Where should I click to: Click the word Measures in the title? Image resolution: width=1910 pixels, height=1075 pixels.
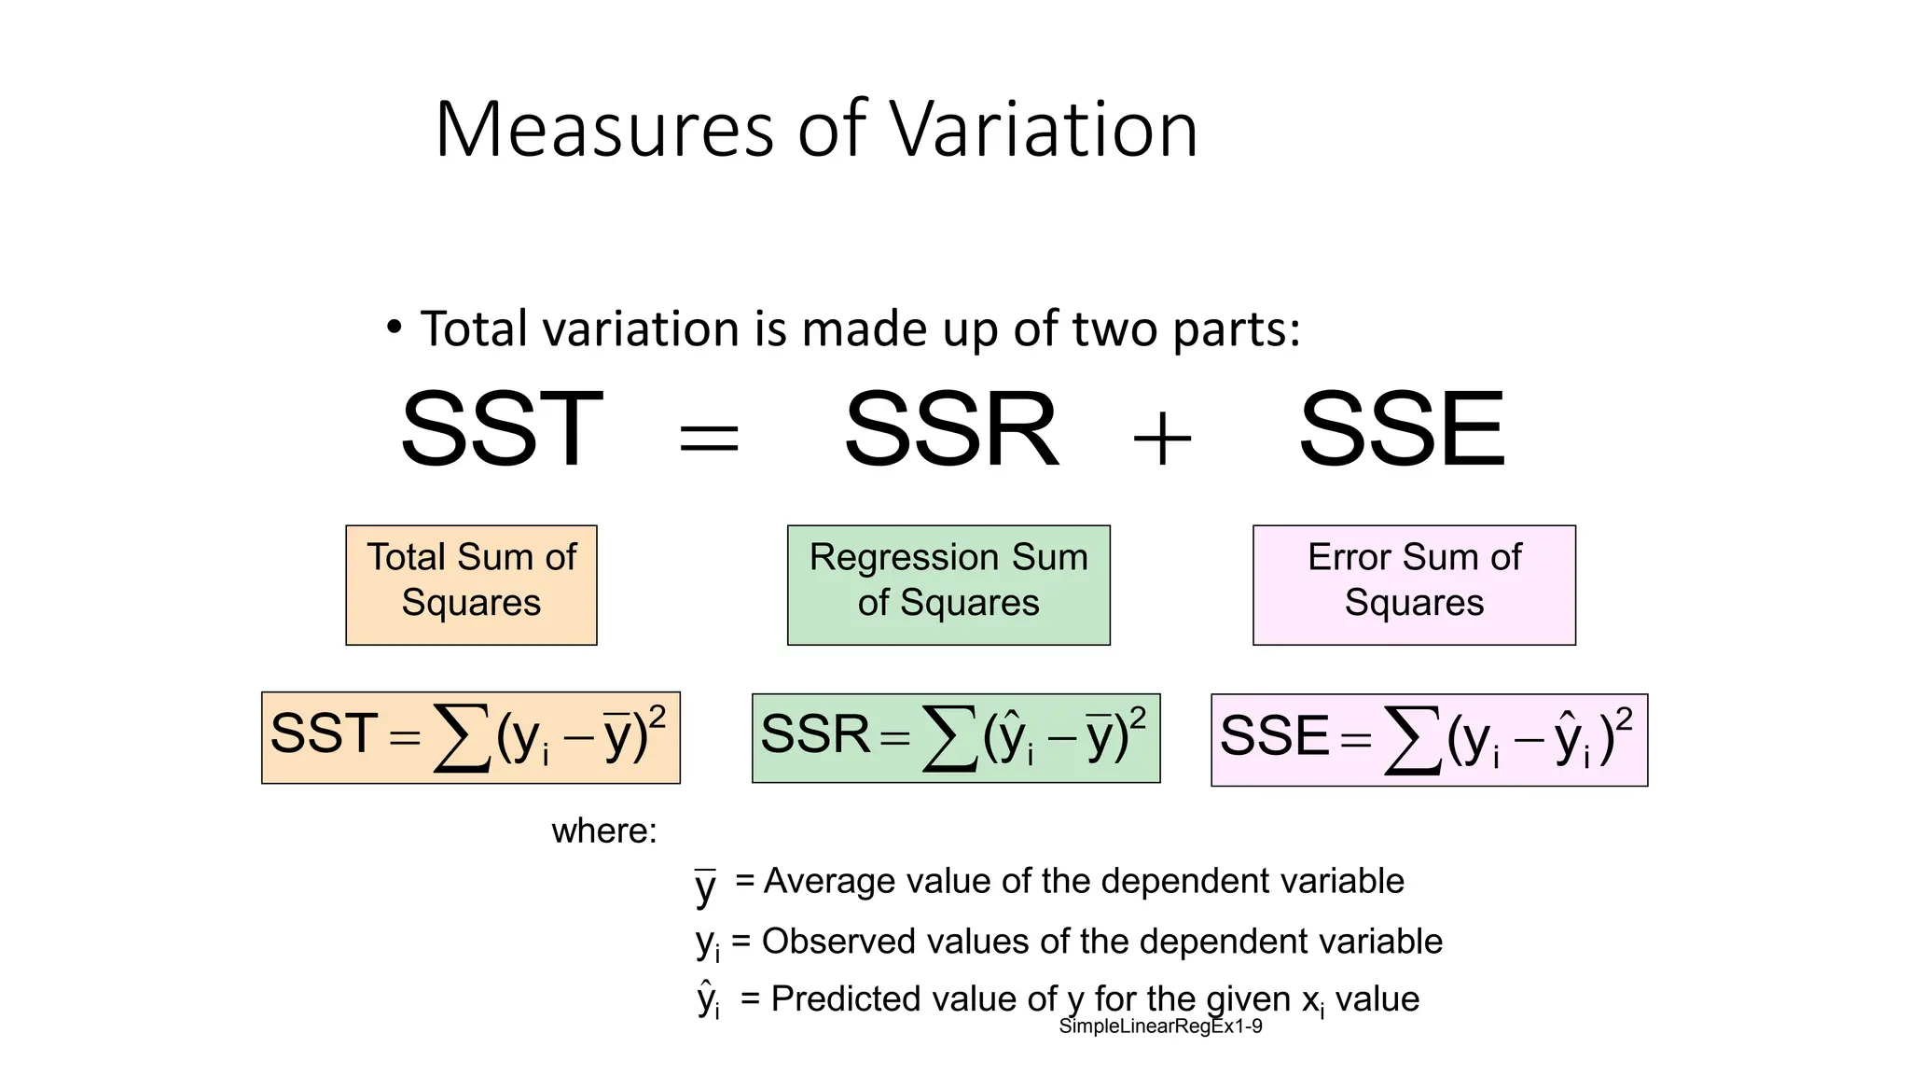click(604, 130)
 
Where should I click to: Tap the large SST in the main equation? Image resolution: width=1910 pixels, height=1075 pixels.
click(501, 429)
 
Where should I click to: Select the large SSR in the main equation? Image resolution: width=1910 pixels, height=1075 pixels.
click(950, 429)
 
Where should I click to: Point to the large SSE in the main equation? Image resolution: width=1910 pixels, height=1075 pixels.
click(1402, 429)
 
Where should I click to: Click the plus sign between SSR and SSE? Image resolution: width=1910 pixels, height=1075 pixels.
click(1162, 438)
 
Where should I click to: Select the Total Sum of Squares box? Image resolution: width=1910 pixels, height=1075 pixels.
click(471, 585)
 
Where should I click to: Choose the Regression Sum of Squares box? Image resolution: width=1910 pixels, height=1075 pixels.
click(948, 585)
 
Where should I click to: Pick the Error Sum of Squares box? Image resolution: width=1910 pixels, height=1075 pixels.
click(1414, 585)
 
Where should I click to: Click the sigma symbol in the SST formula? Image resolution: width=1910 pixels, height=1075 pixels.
click(462, 738)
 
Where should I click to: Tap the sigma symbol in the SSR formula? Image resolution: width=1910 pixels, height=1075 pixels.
click(949, 738)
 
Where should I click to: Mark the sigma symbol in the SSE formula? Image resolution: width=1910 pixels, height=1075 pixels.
click(1414, 740)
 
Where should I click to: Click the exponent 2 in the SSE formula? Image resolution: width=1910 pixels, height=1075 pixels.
click(1624, 719)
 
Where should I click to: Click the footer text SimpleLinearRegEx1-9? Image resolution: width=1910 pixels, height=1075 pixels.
click(1160, 1027)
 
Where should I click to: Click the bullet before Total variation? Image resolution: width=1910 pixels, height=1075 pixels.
click(394, 328)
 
